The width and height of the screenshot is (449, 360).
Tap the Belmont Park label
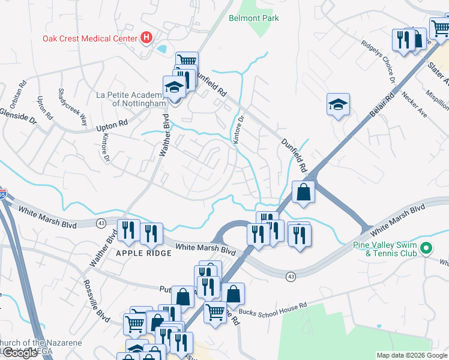[254, 18]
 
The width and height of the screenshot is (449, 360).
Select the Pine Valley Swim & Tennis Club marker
[426, 248]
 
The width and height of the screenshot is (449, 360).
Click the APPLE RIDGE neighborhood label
[144, 254]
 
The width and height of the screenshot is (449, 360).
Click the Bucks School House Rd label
[273, 305]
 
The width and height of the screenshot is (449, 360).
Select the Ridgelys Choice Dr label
[378, 62]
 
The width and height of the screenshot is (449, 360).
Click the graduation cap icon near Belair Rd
[338, 105]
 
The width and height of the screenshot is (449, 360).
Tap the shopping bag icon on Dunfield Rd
[304, 193]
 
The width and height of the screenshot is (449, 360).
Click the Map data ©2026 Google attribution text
[411, 355]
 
